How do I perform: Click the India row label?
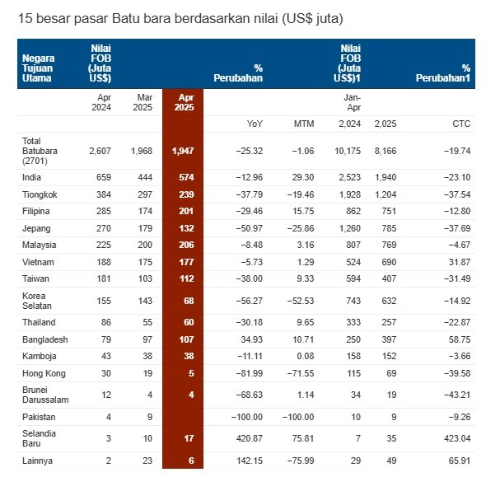(x=31, y=177)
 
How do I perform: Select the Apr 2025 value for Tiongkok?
(x=186, y=194)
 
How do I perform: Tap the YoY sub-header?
(x=255, y=124)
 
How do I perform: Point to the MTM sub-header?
(x=304, y=124)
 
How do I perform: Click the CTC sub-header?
(x=461, y=124)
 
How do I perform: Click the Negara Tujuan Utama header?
(x=38, y=68)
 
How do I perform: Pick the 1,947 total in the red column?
(x=183, y=151)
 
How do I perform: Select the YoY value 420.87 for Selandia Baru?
(x=250, y=438)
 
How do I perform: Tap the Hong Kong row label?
(x=44, y=373)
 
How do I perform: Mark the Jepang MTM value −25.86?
(x=301, y=228)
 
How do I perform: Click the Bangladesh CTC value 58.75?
(x=460, y=339)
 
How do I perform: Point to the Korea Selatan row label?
(x=37, y=301)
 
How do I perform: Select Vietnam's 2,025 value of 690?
(x=389, y=262)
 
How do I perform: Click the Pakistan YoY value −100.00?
(x=247, y=417)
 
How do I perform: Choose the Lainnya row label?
(x=37, y=461)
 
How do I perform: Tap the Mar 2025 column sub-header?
(x=143, y=102)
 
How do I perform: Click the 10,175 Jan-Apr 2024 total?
(x=348, y=151)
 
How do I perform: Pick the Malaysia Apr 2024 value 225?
(x=104, y=245)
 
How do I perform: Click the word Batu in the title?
(x=124, y=19)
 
